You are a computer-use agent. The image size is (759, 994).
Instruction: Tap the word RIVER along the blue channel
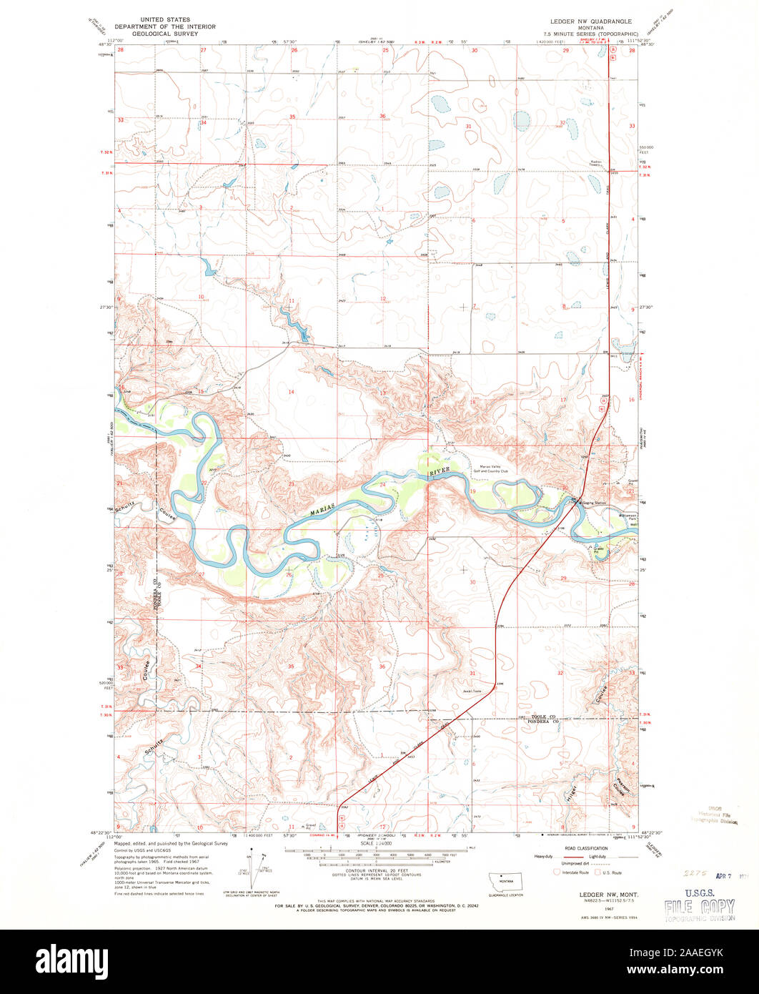[440, 473]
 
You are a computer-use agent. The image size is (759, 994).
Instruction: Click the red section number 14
[291, 393]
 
